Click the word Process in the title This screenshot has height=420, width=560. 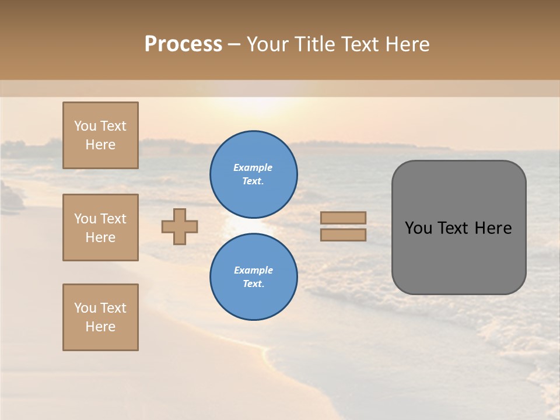coord(183,44)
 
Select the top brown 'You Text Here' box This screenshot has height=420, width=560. coord(100,135)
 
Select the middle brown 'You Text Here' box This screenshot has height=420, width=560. coord(100,228)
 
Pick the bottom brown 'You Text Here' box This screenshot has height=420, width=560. coord(100,317)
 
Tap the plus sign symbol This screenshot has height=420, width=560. coord(180,226)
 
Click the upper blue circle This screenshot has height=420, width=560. coord(254,174)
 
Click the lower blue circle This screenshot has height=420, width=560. coord(254,277)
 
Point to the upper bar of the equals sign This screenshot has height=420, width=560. coord(344,218)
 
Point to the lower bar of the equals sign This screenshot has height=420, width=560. coord(344,235)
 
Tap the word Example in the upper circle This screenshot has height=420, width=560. coord(253,167)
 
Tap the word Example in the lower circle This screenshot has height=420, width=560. coord(253,270)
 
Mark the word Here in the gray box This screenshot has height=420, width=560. coord(493,228)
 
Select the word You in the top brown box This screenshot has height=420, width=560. coord(85,126)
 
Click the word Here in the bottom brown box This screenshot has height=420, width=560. coord(100,327)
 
